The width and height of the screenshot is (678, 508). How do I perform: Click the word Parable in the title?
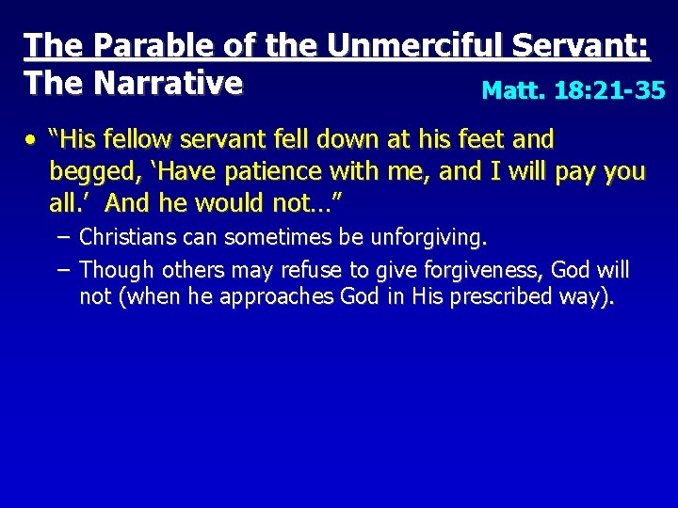[134, 45]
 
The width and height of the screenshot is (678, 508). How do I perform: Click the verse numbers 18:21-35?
[610, 90]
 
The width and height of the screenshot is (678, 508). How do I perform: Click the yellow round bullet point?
[31, 141]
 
